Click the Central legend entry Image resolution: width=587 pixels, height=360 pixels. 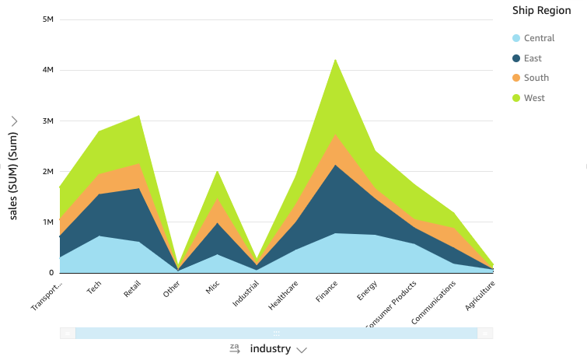pyautogui.click(x=539, y=38)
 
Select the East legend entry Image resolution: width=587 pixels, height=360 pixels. pyautogui.click(x=533, y=58)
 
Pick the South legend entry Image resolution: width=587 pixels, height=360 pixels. pyautogui.click(x=536, y=78)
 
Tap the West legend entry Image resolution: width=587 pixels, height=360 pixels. pyautogui.click(x=534, y=98)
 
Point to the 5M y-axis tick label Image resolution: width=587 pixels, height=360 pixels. pyautogui.click(x=47, y=19)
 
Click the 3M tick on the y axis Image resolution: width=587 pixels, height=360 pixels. pyautogui.click(x=47, y=121)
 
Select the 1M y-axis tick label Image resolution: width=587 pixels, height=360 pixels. pyautogui.click(x=47, y=222)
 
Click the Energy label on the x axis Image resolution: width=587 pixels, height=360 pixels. pyautogui.click(x=368, y=291)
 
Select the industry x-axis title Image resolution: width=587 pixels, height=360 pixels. pyautogui.click(x=270, y=349)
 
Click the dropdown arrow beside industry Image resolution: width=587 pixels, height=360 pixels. pyautogui.click(x=302, y=350)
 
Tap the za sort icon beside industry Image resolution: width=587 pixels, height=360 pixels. pyautogui.click(x=235, y=349)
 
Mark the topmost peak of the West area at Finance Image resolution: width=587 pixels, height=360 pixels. pyautogui.click(x=334, y=59)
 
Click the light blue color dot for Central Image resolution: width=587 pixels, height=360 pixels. pyautogui.click(x=515, y=38)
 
